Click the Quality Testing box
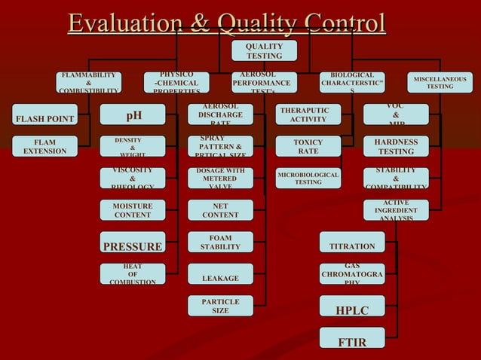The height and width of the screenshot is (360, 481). coord(264,50)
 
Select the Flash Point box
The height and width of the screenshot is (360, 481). coord(45,118)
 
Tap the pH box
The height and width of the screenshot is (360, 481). coord(133,115)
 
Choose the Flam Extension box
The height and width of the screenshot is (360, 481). coord(44,146)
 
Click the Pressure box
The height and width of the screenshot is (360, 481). coord(133,246)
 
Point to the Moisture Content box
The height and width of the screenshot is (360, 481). coord(133,210)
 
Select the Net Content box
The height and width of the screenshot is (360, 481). coord(220,210)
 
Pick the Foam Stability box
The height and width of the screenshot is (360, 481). coord(220,243)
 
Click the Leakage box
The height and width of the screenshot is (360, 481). coord(220,278)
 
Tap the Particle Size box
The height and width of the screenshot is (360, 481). coord(220,306)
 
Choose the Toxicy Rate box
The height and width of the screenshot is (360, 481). coord(308,146)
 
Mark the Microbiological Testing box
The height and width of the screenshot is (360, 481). coord(308,178)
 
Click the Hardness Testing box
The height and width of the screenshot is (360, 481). coord(396,146)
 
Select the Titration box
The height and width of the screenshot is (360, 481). coord(352,246)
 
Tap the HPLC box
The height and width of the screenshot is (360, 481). coord(352,310)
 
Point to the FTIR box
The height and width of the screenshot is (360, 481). coord(352,342)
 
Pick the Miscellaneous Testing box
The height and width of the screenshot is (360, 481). coord(440,82)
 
